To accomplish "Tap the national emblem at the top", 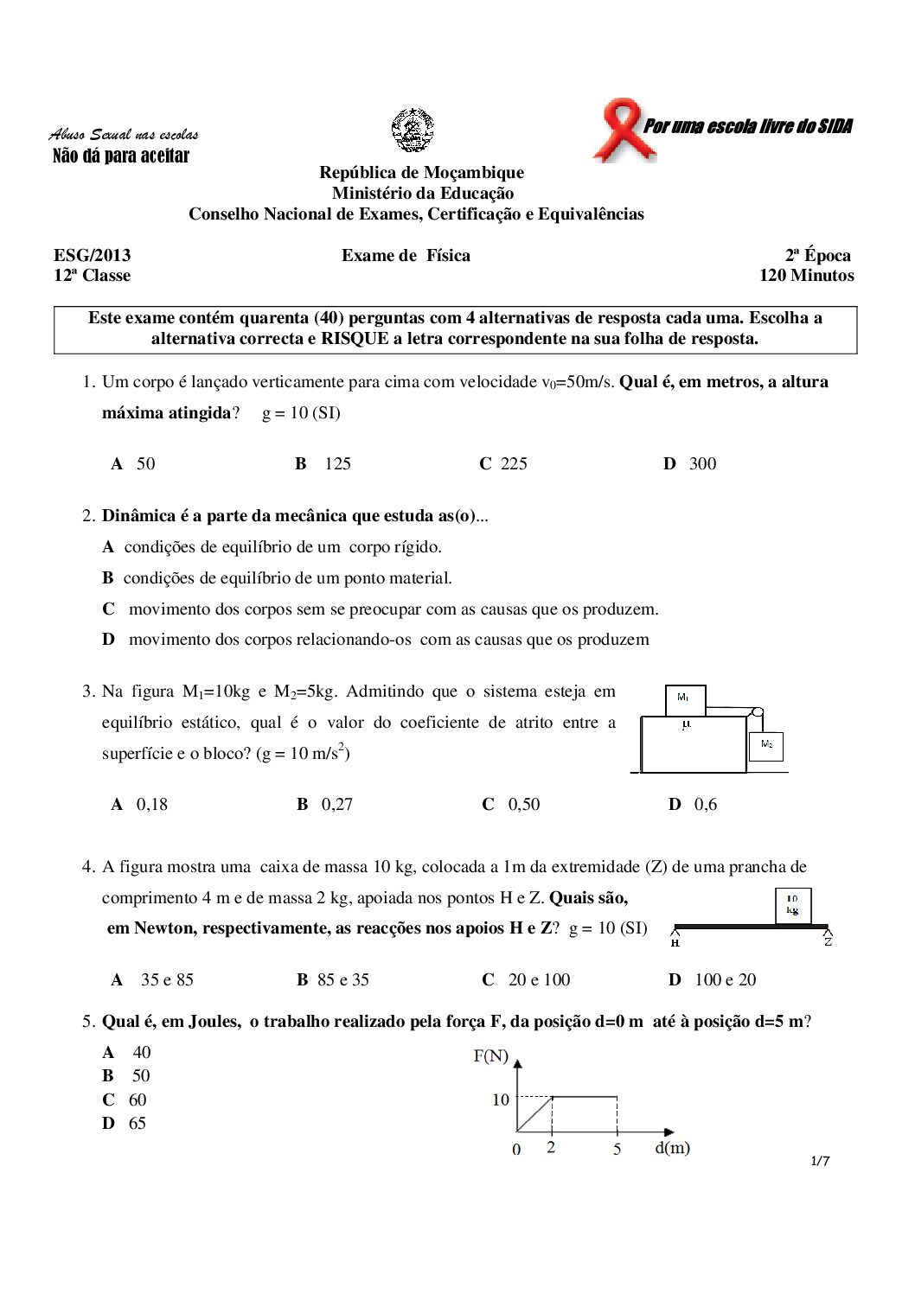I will [413, 131].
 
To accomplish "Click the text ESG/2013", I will [93, 255].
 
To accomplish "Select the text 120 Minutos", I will [806, 276].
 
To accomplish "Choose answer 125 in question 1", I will [337, 464].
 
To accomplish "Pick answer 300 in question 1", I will [702, 464].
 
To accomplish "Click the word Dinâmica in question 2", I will [139, 516].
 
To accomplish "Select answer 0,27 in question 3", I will [336, 805].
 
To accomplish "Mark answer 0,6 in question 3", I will [705, 805].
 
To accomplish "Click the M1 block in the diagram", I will [685, 699].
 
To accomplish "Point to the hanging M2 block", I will [766, 745].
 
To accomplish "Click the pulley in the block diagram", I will [757, 714].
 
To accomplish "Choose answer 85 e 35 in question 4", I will [342, 980].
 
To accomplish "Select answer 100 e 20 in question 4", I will [725, 980].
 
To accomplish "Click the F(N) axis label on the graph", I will [491, 1056].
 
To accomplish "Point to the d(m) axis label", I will [672, 1148].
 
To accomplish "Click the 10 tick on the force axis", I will [501, 1100].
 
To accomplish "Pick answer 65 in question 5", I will [137, 1124].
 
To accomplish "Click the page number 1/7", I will [820, 1161].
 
